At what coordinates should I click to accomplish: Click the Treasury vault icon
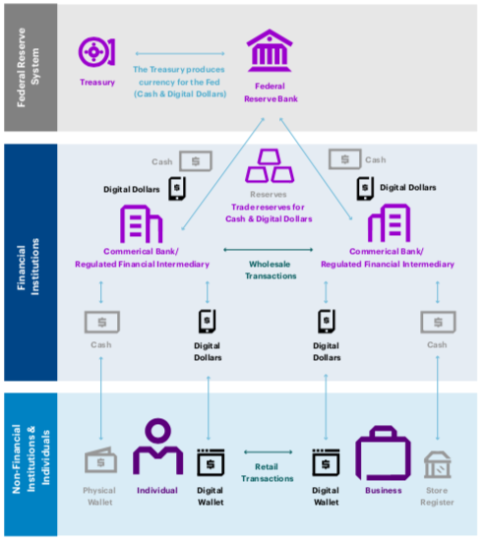coord(96,52)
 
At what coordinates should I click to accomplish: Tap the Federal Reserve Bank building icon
coord(270,50)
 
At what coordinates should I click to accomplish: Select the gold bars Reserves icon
coord(270,165)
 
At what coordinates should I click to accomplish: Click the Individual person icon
coord(157,447)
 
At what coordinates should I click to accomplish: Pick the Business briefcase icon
coord(383,453)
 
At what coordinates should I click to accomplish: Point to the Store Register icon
coord(438,464)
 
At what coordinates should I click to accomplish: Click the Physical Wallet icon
coord(100,460)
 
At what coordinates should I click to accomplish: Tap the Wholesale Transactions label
coord(271,270)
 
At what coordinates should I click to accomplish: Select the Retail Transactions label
coord(267,472)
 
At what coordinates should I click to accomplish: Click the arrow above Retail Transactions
coord(268,452)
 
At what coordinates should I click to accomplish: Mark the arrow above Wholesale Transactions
coord(269,249)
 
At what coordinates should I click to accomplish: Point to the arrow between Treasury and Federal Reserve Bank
coord(180,53)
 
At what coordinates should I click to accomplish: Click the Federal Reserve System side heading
coord(28,68)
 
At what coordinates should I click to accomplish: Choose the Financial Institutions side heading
coord(28,267)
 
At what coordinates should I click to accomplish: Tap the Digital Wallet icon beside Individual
coord(211,462)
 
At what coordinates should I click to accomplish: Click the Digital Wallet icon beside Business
coord(326,462)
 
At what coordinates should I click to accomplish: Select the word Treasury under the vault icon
coord(97,83)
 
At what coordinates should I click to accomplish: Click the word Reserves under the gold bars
coord(269,194)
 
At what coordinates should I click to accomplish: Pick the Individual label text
coord(157,490)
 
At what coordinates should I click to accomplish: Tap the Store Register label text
coord(437,496)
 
